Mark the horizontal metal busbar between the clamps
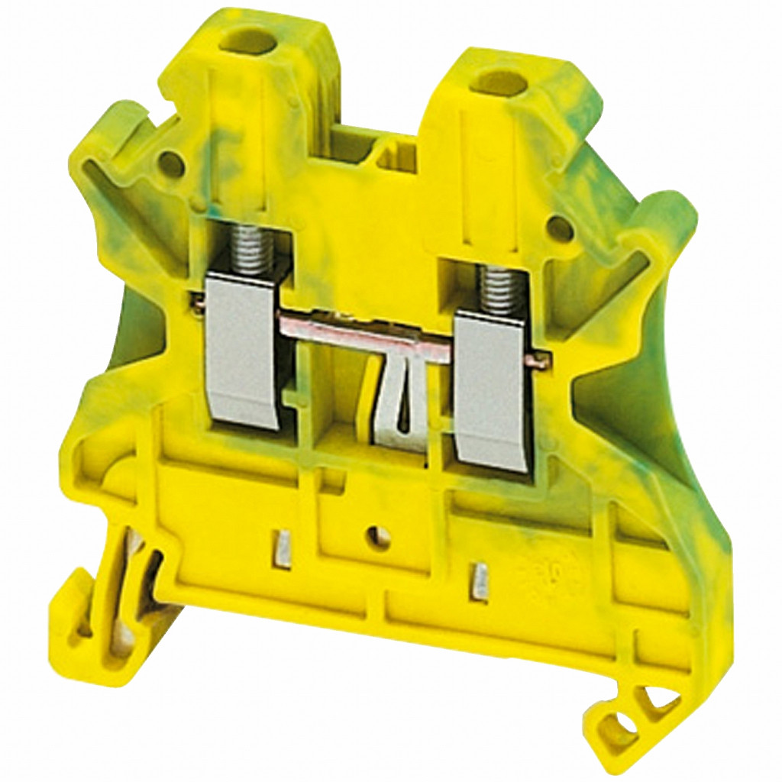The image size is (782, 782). [x=359, y=325]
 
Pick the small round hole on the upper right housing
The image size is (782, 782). [x=560, y=227]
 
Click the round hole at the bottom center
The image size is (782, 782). [x=376, y=538]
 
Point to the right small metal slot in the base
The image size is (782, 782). [x=480, y=580]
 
